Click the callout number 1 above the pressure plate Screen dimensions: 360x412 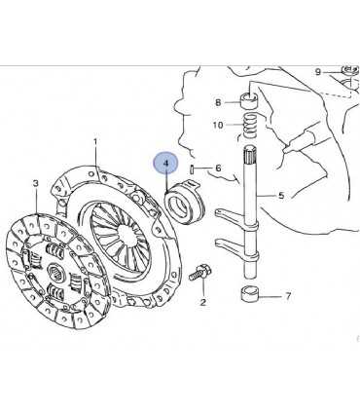tap(95, 142)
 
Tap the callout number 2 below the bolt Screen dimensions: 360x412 tap(202, 302)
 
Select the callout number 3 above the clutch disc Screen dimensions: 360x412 tap(36, 183)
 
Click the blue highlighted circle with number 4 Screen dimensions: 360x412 tap(165, 164)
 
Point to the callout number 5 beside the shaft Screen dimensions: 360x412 tap(281, 196)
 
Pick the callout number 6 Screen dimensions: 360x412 tap(218, 168)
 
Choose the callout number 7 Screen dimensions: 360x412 tap(288, 296)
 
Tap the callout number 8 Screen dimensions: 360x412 tap(218, 102)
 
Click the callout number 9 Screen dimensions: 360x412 tap(318, 72)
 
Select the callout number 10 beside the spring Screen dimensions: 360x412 tap(218, 125)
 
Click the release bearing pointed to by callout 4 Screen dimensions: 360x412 tap(185, 203)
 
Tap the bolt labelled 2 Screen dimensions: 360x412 tap(199, 273)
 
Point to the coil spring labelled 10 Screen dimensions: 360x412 tap(251, 124)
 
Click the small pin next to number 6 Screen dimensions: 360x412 tap(192, 169)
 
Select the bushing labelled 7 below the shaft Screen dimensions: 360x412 tap(250, 294)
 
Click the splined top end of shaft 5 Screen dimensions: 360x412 tap(250, 155)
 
